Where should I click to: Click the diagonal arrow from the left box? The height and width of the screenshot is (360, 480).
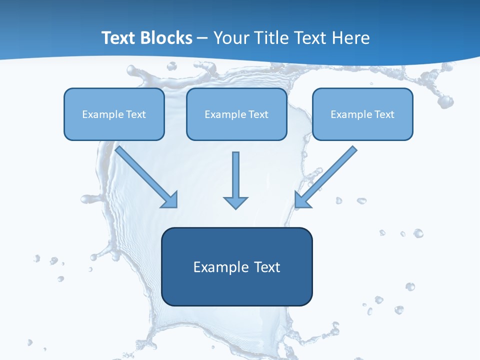click(x=146, y=176)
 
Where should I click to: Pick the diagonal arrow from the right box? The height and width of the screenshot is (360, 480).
click(x=326, y=176)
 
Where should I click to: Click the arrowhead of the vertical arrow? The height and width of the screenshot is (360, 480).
click(x=235, y=202)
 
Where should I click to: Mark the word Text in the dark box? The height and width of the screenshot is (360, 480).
click(x=267, y=267)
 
